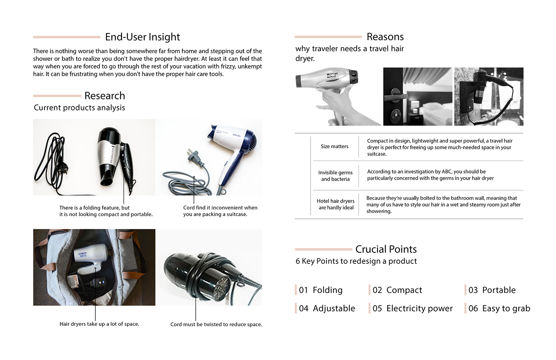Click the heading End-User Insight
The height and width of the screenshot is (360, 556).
(x=142, y=37)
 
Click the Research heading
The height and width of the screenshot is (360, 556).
(x=104, y=96)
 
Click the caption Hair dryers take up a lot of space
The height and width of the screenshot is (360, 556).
(x=99, y=324)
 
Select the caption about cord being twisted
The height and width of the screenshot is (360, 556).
(x=216, y=324)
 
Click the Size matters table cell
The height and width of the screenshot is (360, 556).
(x=334, y=147)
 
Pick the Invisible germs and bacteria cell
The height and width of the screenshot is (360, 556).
(x=335, y=176)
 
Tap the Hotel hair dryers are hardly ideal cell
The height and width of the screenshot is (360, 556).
(x=336, y=204)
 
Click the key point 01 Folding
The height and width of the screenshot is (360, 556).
(x=320, y=290)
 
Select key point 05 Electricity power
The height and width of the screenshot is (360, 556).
(x=412, y=308)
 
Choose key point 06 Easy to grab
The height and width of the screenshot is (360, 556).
(x=499, y=308)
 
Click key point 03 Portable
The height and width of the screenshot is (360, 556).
(x=492, y=290)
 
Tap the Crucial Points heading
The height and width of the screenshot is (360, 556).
(x=386, y=249)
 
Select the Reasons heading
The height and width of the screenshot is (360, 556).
(x=385, y=37)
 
